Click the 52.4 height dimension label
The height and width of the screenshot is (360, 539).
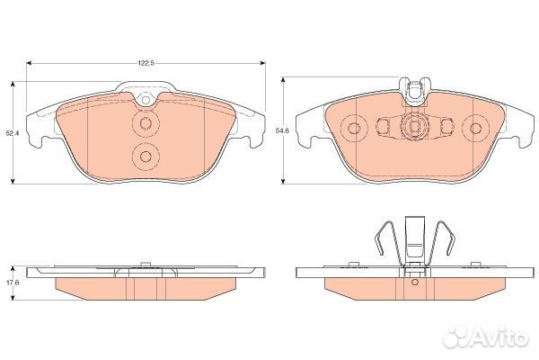coord(12,132)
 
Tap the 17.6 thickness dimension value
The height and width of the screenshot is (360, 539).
coord(13,282)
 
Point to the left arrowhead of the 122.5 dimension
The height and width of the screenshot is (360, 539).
coord(30,63)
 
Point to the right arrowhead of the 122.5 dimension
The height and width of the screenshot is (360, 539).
coord(262,63)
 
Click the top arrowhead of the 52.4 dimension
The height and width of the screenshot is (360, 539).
coord(13,85)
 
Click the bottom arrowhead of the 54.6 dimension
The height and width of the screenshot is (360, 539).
coord(283,181)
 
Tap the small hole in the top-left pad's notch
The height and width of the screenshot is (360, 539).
coord(146,100)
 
